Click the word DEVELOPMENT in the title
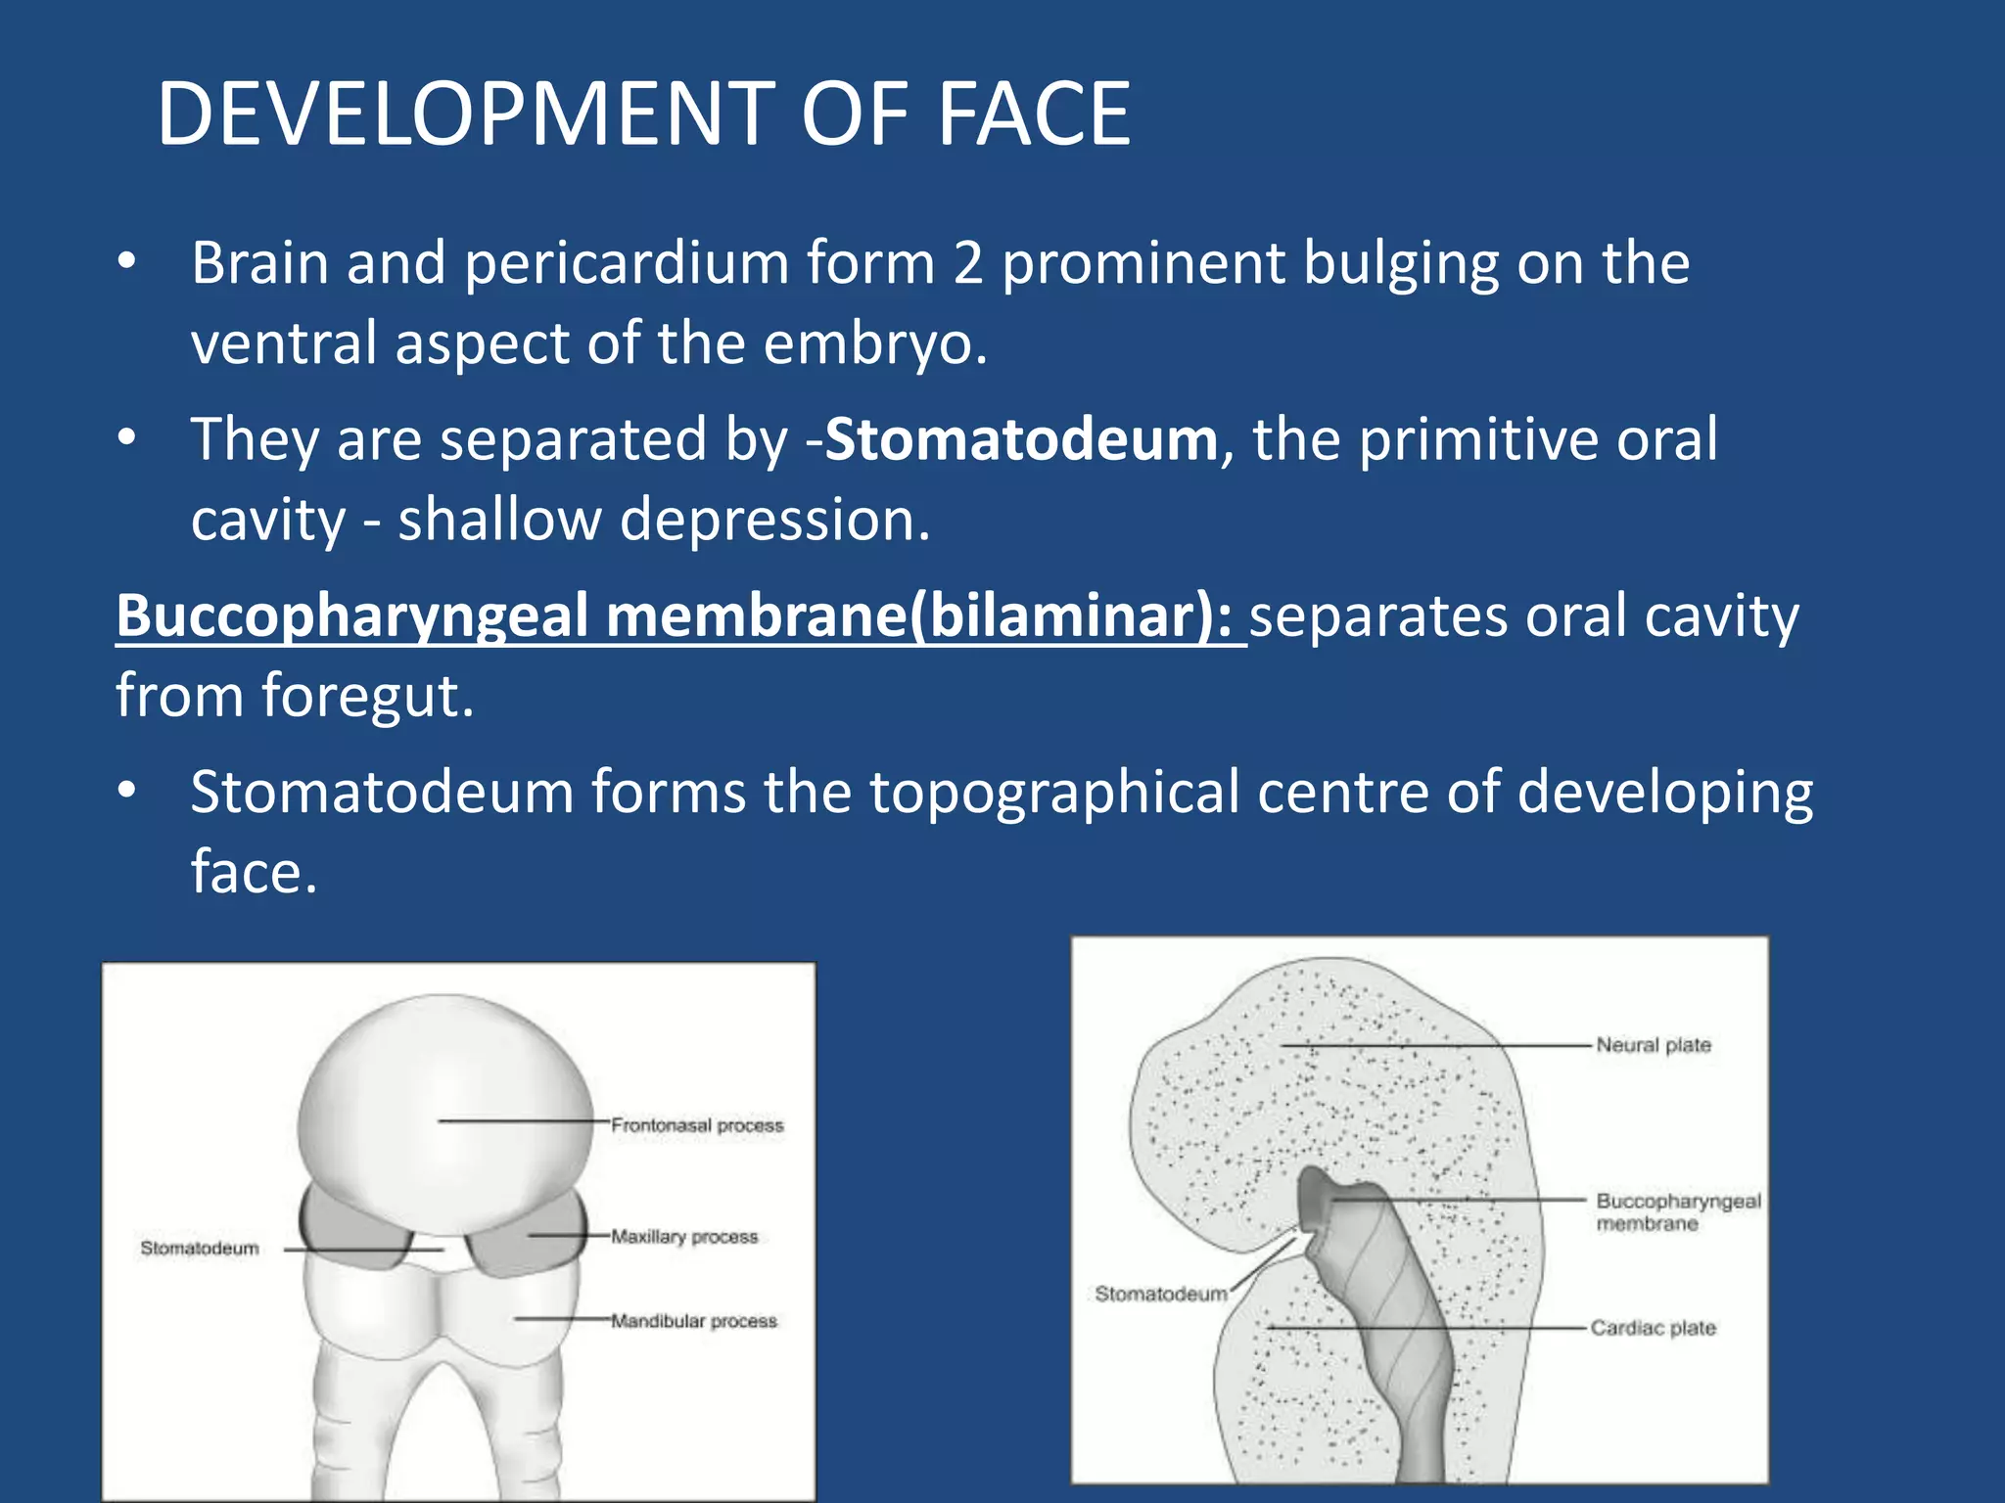pos(466,114)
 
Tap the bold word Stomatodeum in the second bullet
pos(1021,439)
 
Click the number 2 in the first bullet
pos(967,264)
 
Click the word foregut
pos(367,696)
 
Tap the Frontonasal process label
pos(697,1125)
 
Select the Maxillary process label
pos(684,1237)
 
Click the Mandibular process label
pos(694,1321)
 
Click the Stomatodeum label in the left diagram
pos(200,1249)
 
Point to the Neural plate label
pos(1654,1045)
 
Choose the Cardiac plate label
pos(1653,1328)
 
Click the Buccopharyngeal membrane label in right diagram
pos(1677,1211)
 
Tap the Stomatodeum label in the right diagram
pos(1160,1294)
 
